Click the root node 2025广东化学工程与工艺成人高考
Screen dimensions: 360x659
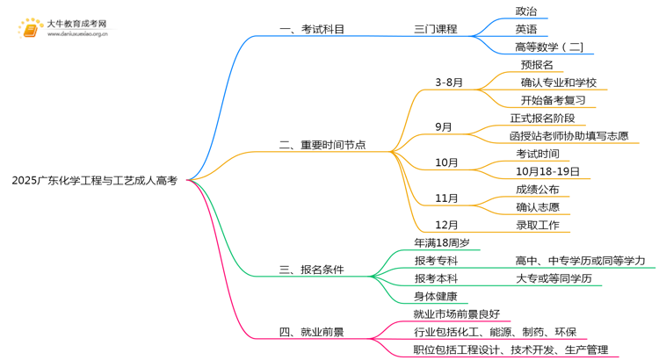click(x=95, y=181)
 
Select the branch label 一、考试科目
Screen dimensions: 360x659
click(x=311, y=29)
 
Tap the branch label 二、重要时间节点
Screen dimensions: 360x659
click(x=322, y=145)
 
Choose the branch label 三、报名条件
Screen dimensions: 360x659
click(x=311, y=270)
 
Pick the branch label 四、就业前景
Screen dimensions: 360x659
click(x=311, y=333)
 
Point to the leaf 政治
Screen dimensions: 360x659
click(x=526, y=11)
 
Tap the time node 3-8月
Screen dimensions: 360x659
click(x=449, y=83)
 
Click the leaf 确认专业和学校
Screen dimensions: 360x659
click(x=558, y=83)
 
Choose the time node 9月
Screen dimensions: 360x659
click(x=444, y=127)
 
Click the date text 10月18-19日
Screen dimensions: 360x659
click(x=547, y=171)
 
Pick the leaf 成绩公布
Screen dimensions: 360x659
click(x=537, y=190)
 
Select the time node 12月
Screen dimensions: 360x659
click(x=446, y=225)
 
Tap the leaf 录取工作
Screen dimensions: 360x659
click(x=537, y=225)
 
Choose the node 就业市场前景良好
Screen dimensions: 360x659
click(x=456, y=313)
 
